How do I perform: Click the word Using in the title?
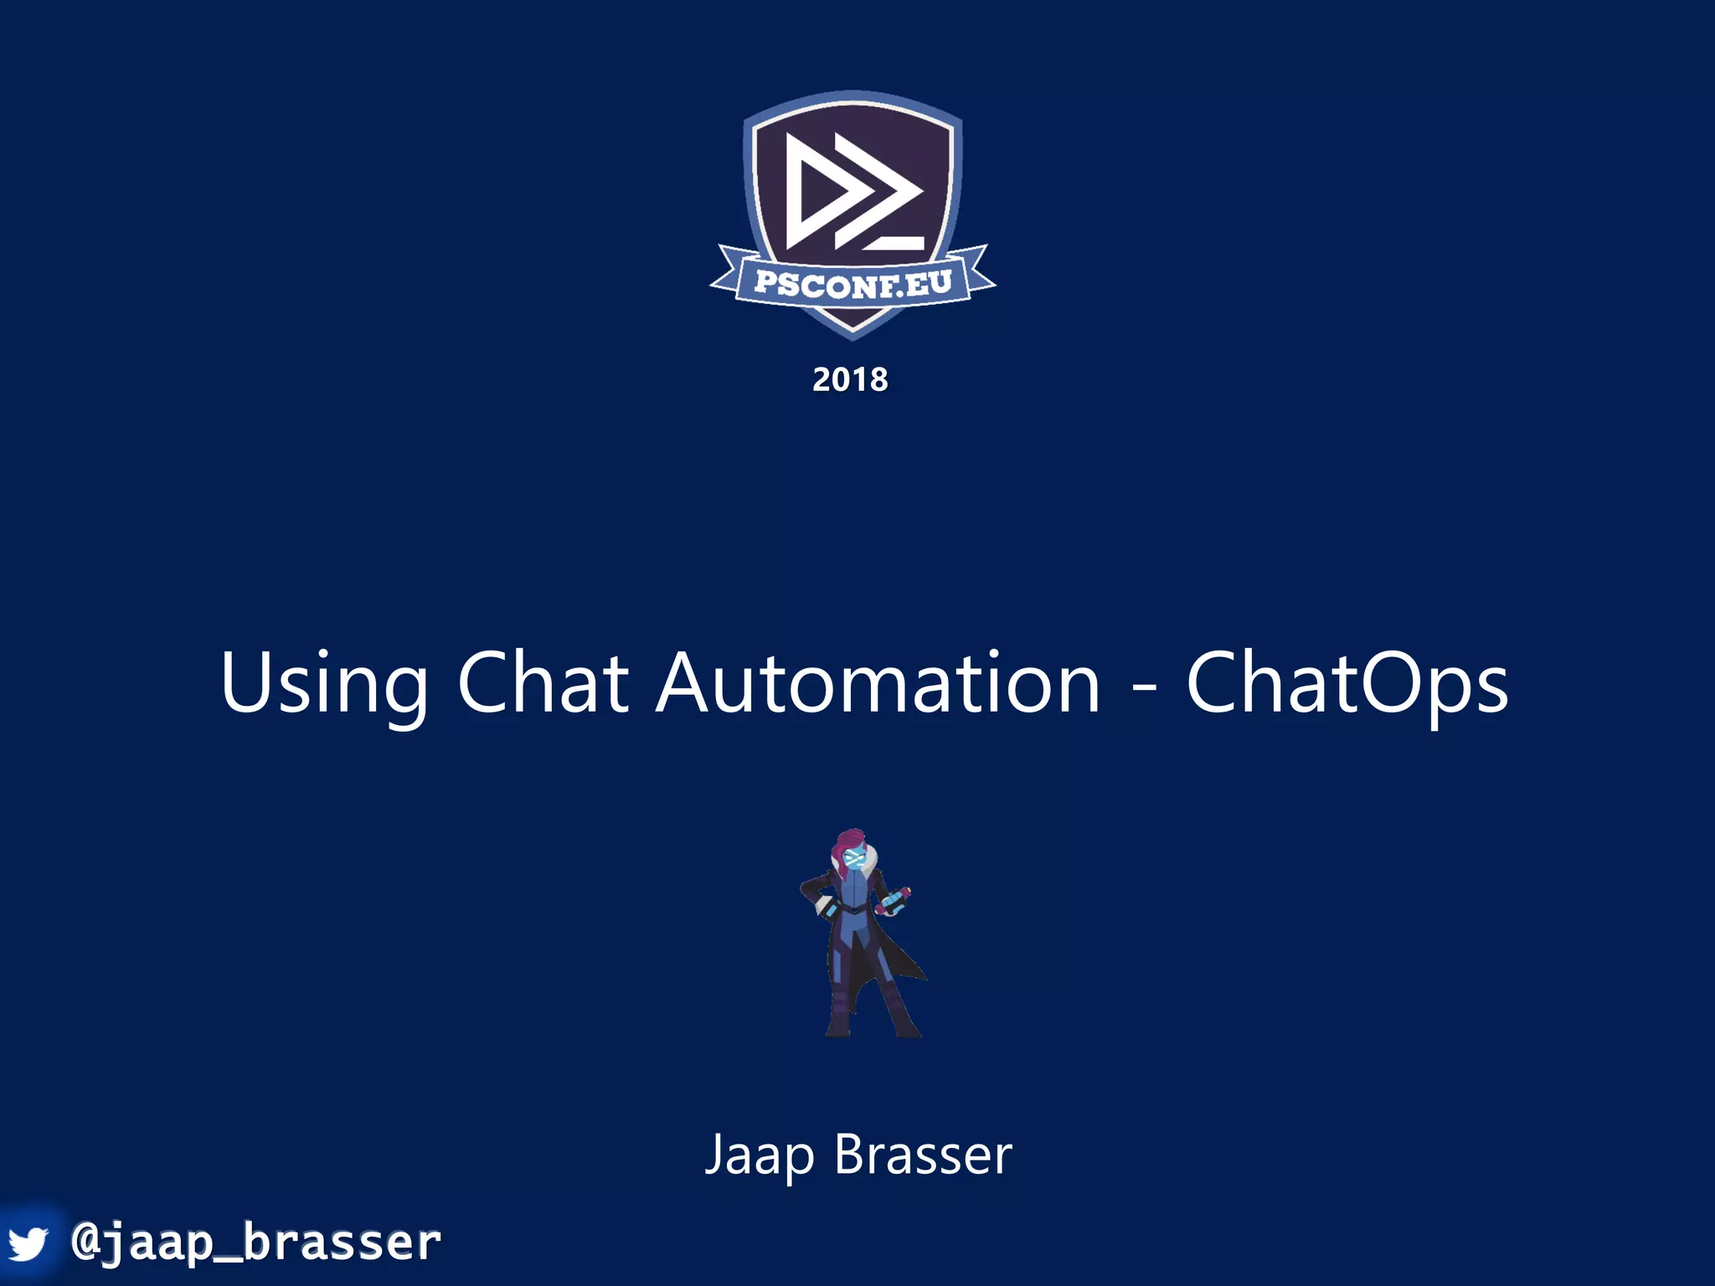(x=324, y=684)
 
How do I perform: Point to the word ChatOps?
(x=1347, y=684)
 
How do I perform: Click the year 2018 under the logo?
(x=850, y=380)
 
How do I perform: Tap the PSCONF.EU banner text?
(x=852, y=284)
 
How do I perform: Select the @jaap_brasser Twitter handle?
(x=256, y=1242)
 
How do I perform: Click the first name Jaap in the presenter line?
(x=759, y=1155)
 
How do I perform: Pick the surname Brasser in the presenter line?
(x=923, y=1155)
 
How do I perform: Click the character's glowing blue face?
(x=853, y=858)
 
